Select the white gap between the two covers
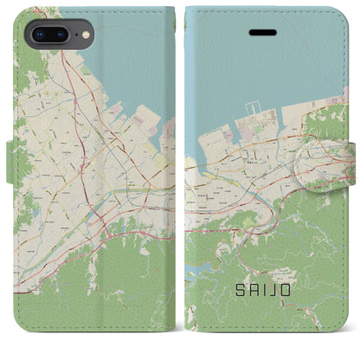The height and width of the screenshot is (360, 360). (180, 173)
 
